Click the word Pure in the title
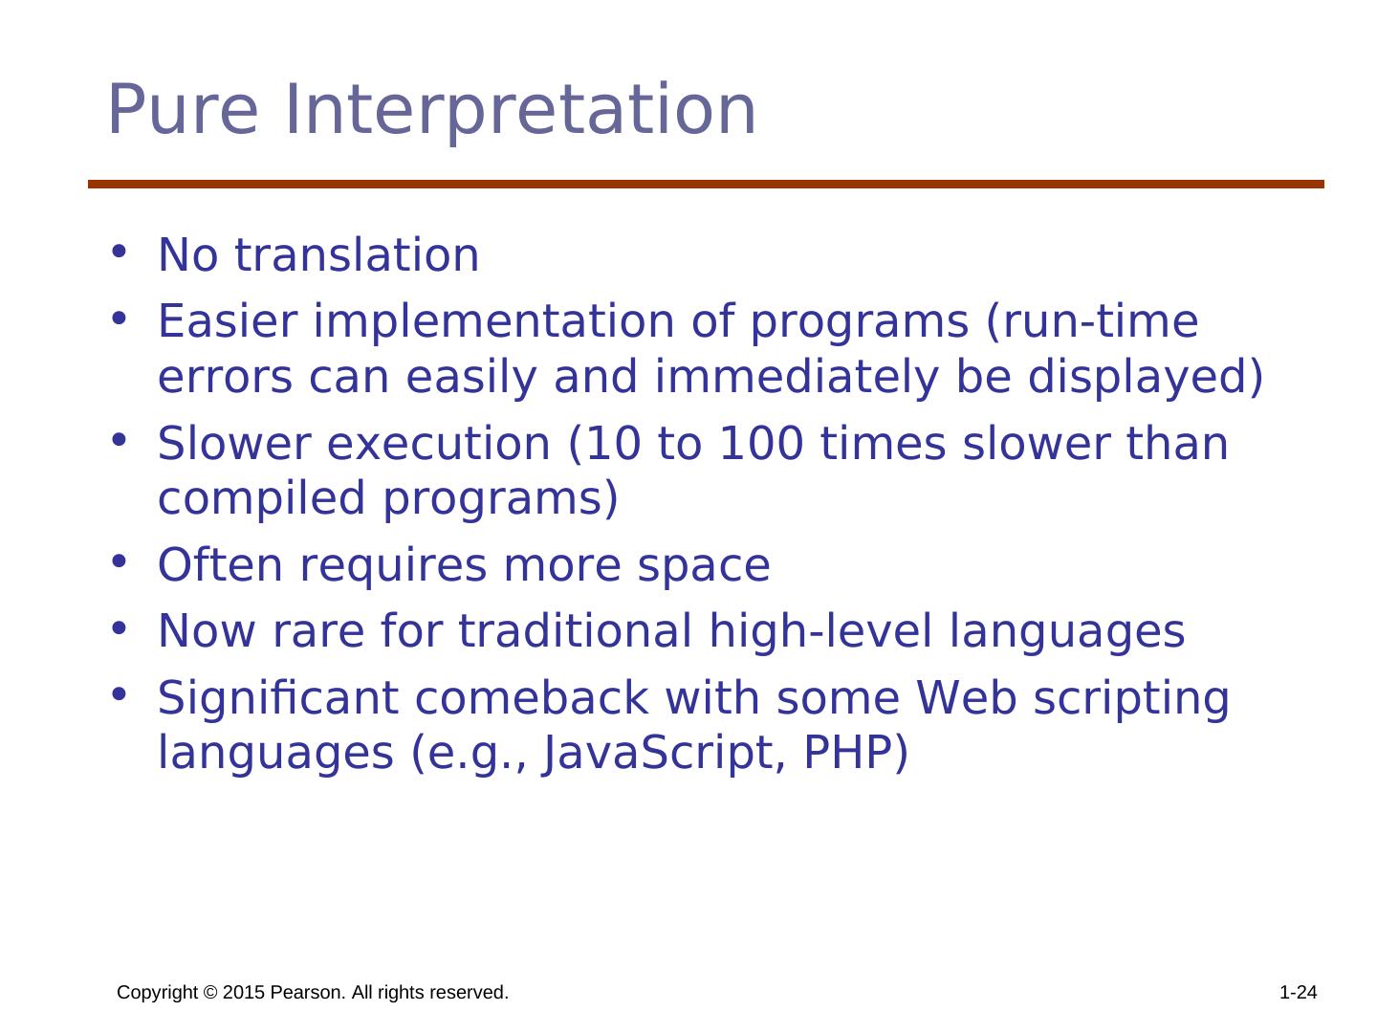tap(183, 109)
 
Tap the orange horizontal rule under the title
tap(706, 184)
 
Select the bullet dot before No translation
tap(119, 252)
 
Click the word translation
tap(357, 254)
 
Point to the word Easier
tap(228, 320)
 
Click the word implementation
tap(494, 321)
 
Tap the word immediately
tap(797, 378)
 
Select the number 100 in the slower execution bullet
tap(760, 444)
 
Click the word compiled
tap(262, 499)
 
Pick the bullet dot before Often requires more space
tap(119, 561)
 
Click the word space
tap(703, 566)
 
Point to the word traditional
tap(576, 630)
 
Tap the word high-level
tap(820, 631)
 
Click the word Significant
tap(278, 698)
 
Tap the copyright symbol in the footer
tap(210, 992)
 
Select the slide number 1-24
tap(1298, 992)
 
